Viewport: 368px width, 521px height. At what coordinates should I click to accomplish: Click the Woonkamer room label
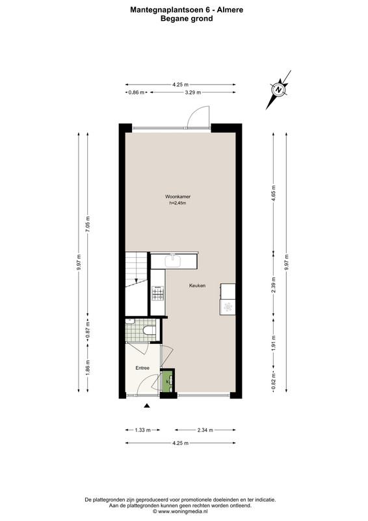tap(178, 197)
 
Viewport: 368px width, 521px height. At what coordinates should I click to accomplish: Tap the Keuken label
tap(197, 285)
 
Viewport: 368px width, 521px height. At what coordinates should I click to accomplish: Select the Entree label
tap(142, 368)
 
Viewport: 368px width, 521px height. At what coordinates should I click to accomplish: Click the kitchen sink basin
tap(173, 261)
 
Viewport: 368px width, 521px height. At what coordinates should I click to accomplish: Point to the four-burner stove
tap(158, 294)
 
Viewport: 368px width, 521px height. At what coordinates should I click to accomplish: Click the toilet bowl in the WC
tap(149, 330)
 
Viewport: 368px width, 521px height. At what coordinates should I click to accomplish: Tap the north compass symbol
tap(279, 90)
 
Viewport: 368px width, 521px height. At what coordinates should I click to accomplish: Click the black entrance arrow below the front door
tap(147, 405)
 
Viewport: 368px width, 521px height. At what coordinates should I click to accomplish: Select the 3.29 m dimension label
tap(193, 92)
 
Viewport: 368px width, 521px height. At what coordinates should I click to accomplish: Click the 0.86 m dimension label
tap(137, 92)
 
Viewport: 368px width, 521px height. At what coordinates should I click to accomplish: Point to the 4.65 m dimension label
tap(274, 191)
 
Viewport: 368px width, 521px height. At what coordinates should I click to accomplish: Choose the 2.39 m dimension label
tap(274, 285)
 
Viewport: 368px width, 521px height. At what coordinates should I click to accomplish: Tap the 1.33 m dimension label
tap(142, 430)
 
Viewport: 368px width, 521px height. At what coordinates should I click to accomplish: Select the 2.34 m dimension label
tap(205, 430)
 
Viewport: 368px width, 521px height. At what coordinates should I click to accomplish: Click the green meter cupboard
tap(168, 381)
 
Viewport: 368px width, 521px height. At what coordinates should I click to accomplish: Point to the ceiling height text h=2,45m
tap(178, 203)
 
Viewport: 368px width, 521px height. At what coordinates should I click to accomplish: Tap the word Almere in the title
tap(230, 10)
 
